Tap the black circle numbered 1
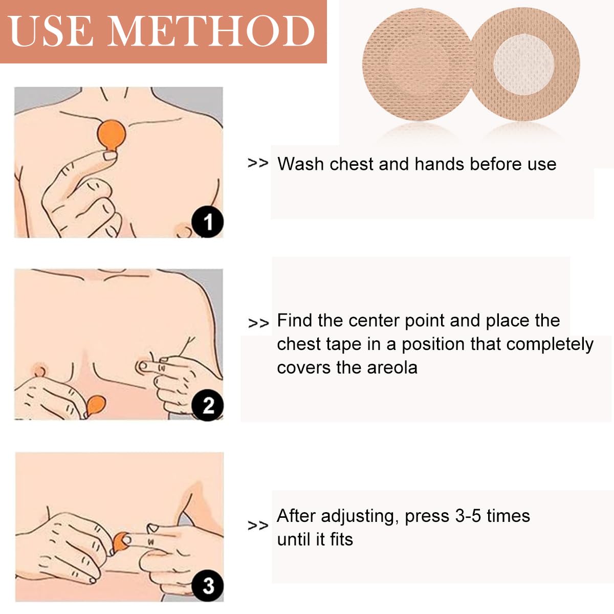pos(208,223)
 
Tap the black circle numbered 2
pos(208,406)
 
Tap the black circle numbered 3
pos(208,586)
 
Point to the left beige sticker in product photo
pos(415,67)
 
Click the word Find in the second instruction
pos(294,321)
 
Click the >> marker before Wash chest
pos(258,163)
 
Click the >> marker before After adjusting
pos(258,525)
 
